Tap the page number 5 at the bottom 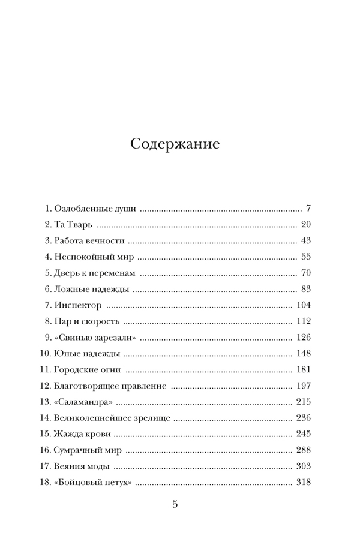pyautogui.click(x=175, y=504)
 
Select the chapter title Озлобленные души pyautogui.click(x=95, y=209)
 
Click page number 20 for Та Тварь pyautogui.click(x=305, y=225)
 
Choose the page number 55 pyautogui.click(x=305, y=257)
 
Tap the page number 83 pyautogui.click(x=305, y=289)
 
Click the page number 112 pyautogui.click(x=303, y=321)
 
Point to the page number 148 pyautogui.click(x=303, y=353)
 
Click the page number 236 pyautogui.click(x=303, y=417)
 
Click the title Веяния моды pyautogui.click(x=82, y=465)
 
